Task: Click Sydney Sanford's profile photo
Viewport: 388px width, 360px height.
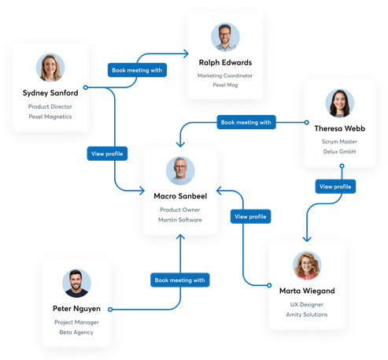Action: coord(50,67)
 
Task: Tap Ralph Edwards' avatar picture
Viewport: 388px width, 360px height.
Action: coord(225,37)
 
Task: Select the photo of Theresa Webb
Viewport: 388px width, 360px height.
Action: coord(340,102)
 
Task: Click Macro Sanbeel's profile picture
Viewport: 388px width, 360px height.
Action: coord(180,170)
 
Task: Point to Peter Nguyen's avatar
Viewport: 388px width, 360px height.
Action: coord(77,282)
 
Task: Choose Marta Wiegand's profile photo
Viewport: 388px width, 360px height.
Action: coord(306,265)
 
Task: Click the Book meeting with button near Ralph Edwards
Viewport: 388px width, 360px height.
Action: coord(137,70)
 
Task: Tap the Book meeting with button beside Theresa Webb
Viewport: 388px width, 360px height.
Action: coord(246,122)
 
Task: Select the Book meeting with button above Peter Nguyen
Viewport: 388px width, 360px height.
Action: coord(179,280)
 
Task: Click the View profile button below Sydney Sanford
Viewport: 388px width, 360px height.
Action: coord(107,154)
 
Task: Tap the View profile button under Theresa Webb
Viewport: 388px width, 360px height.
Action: coord(336,187)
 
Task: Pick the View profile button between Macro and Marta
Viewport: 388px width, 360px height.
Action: coord(250,216)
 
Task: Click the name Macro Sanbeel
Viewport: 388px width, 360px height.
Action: coord(180,196)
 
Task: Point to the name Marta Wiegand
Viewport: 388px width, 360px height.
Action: coord(307,291)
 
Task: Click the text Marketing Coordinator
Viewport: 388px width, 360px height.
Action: coord(225,75)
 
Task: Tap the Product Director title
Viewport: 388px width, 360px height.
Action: coord(50,106)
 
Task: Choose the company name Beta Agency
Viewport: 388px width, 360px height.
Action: coord(77,333)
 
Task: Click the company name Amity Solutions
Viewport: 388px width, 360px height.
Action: coord(307,314)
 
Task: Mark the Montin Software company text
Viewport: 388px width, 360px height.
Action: coord(180,220)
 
